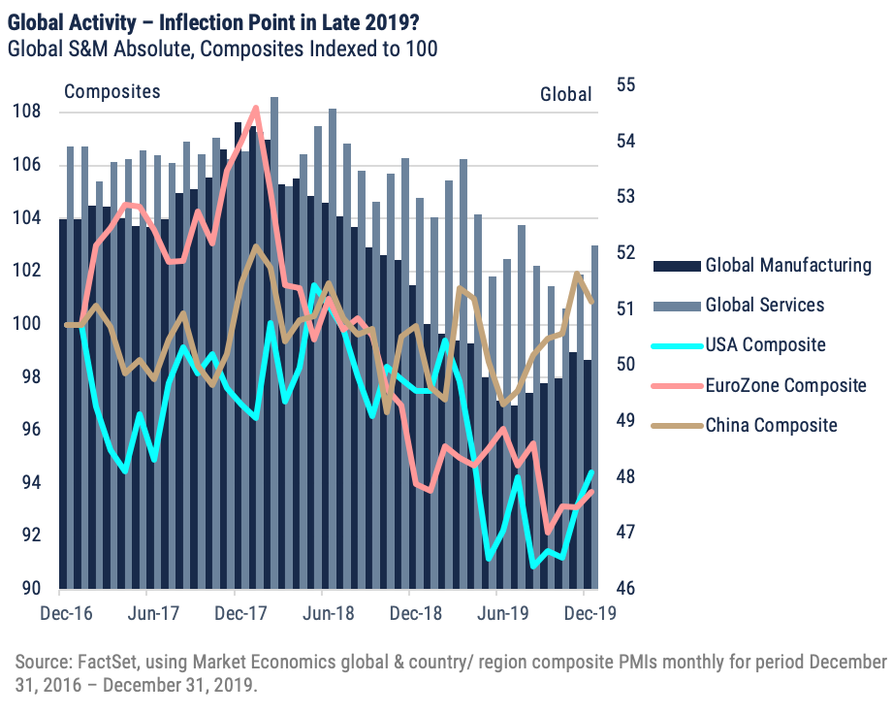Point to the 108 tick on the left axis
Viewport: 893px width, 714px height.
pos(26,112)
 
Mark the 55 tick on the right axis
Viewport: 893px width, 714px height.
pos(627,85)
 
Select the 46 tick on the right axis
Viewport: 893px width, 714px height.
pos(627,589)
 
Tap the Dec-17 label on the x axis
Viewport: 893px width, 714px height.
pos(234,613)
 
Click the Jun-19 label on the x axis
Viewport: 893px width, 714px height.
pos(495,613)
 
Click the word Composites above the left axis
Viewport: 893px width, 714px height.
pos(112,92)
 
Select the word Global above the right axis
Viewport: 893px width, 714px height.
pos(565,94)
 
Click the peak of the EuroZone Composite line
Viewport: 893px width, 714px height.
pos(256,108)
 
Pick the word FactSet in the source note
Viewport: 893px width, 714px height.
pos(106,662)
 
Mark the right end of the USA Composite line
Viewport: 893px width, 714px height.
pos(591,472)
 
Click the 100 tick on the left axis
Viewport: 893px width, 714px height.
pos(26,324)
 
